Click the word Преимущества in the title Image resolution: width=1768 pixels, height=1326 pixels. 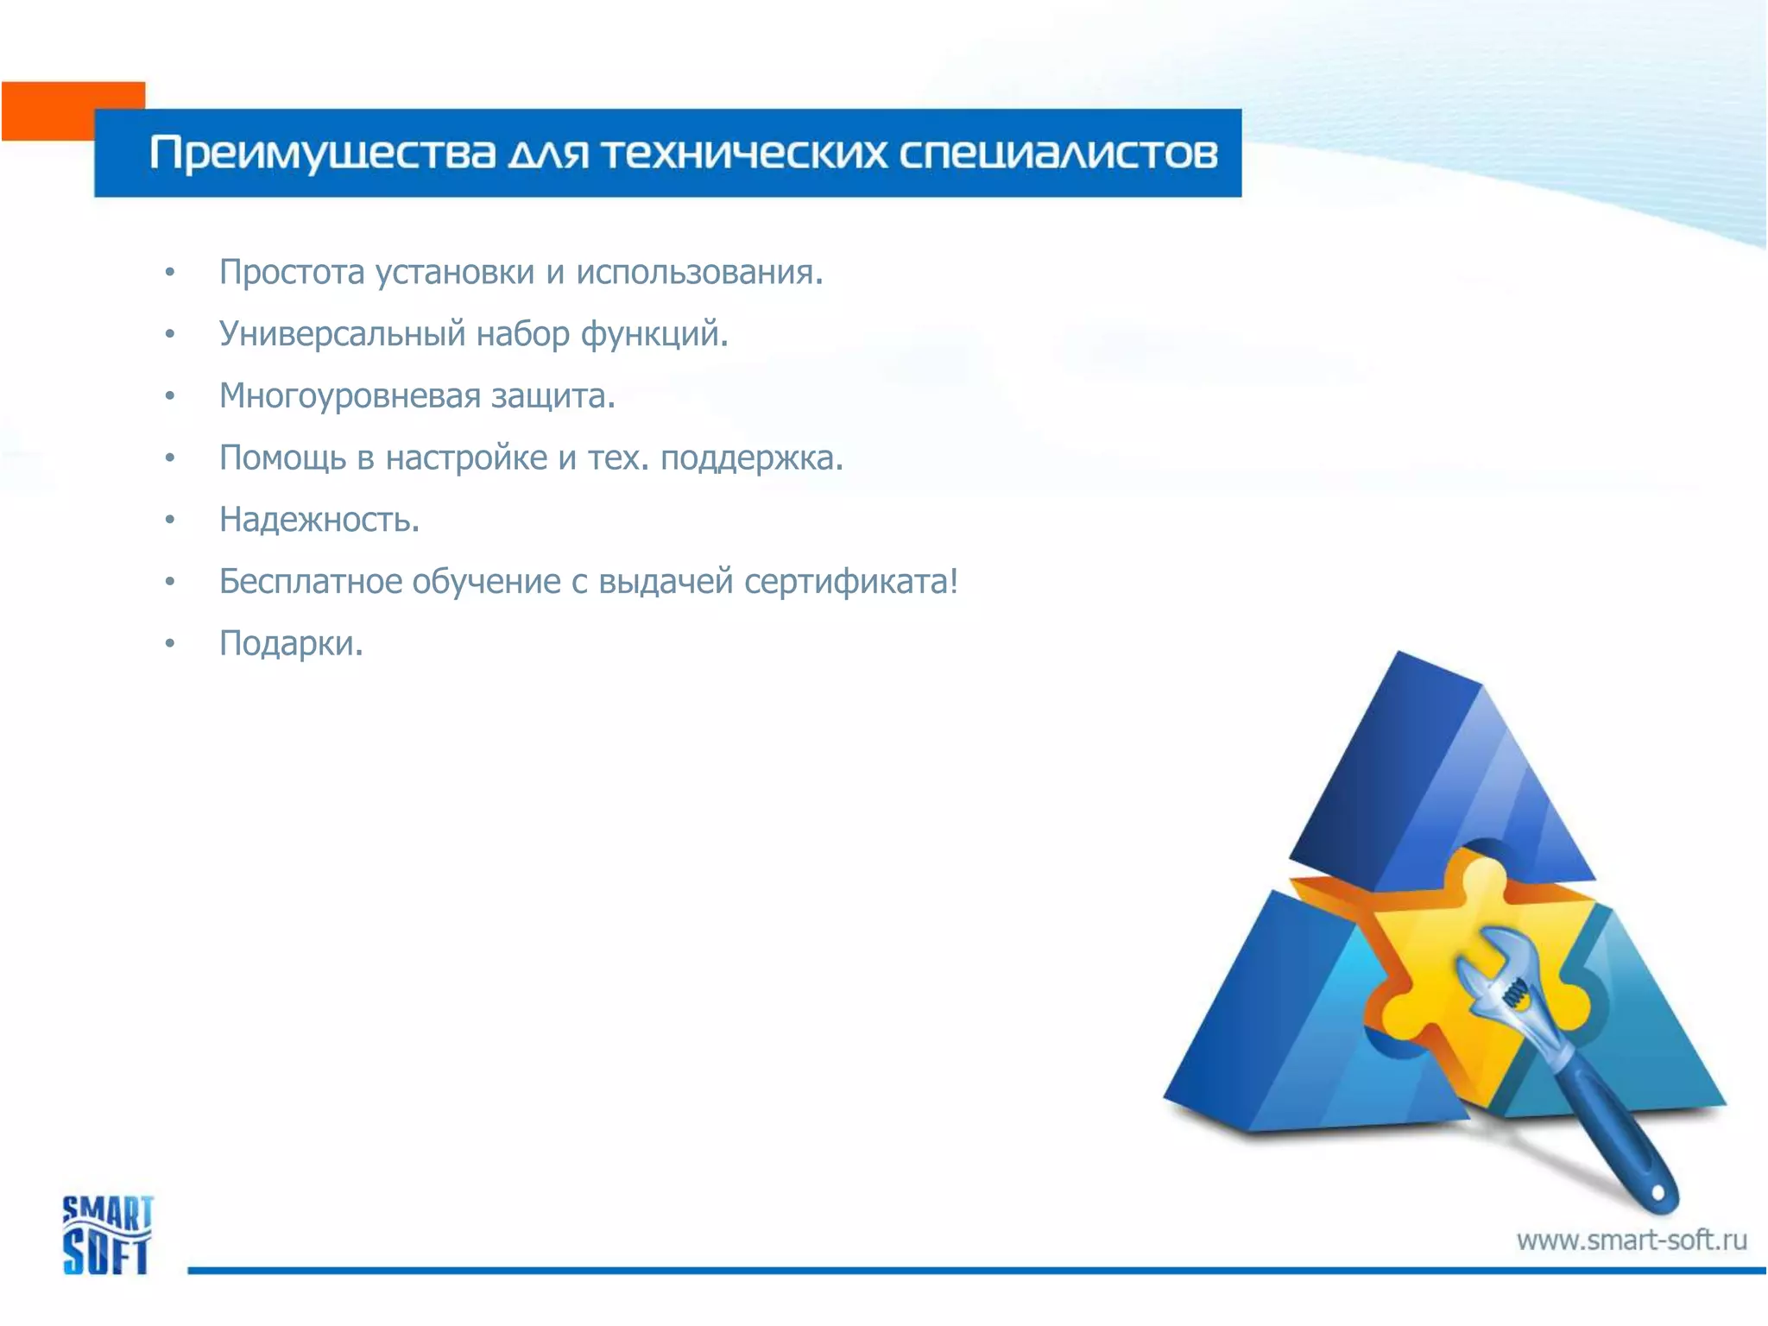coord(322,154)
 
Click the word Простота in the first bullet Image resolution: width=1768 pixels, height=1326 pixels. coord(292,272)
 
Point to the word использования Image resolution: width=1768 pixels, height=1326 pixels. coord(699,272)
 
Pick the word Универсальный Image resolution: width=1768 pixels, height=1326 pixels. coord(342,334)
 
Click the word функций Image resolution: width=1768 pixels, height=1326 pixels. coord(654,334)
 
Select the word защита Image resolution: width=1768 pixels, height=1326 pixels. coord(552,396)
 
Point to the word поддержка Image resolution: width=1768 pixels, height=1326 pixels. coord(751,458)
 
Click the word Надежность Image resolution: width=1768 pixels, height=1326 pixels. coord(319,520)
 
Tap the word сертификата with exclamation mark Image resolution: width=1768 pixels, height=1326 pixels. coord(850,582)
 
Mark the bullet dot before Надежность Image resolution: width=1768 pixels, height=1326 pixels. coord(170,520)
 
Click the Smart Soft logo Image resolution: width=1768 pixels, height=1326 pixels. coord(106,1234)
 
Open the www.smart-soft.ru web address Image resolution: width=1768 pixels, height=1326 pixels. coord(1631,1241)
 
